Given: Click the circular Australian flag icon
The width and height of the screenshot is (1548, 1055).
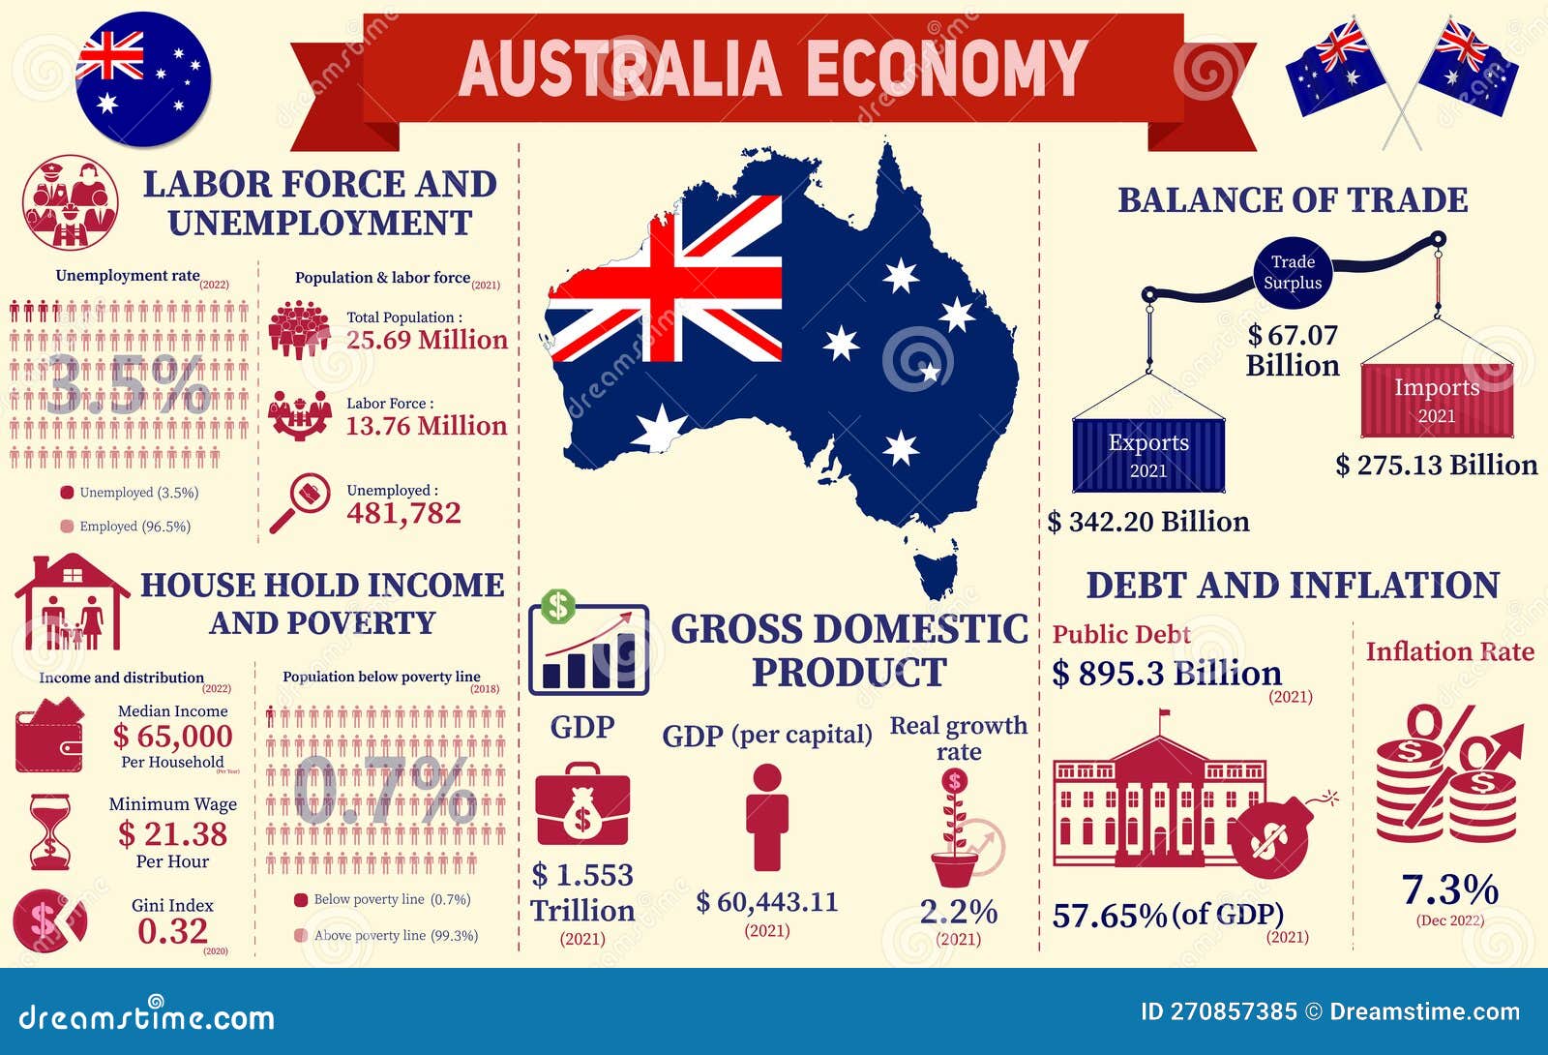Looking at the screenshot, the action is coord(142,79).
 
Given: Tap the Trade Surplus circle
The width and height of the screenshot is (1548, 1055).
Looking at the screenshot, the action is coord(1293,273).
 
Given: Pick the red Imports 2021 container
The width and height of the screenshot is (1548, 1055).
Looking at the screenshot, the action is coord(1437,400).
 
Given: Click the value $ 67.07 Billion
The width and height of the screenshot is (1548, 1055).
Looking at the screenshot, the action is coord(1293,350).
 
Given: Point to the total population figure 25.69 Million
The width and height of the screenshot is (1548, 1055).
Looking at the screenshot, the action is coord(427,340).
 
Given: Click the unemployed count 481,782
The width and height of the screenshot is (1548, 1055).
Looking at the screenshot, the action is coord(403,513).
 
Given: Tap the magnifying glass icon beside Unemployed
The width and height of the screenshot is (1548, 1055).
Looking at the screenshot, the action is coord(300,502).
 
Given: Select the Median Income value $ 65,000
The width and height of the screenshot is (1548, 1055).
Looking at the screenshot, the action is coord(172,737).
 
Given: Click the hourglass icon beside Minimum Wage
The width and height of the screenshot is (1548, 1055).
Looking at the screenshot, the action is coord(50,831).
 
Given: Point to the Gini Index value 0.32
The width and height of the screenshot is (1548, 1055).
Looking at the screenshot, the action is coord(172,931).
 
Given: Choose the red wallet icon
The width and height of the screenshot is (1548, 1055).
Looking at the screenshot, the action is coord(49,740).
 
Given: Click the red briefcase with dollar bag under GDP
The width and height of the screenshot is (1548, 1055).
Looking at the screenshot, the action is coord(582,805).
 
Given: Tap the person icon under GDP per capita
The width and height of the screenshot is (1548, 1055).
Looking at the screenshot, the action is coord(766,817).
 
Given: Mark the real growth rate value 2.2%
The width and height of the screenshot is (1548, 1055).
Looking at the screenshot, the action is coord(958,912).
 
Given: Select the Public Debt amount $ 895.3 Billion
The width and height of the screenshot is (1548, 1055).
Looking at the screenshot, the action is coord(1167,673).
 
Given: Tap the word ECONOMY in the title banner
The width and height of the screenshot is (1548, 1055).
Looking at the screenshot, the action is coord(945,69).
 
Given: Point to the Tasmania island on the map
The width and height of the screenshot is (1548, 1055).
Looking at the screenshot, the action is coord(936,573).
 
